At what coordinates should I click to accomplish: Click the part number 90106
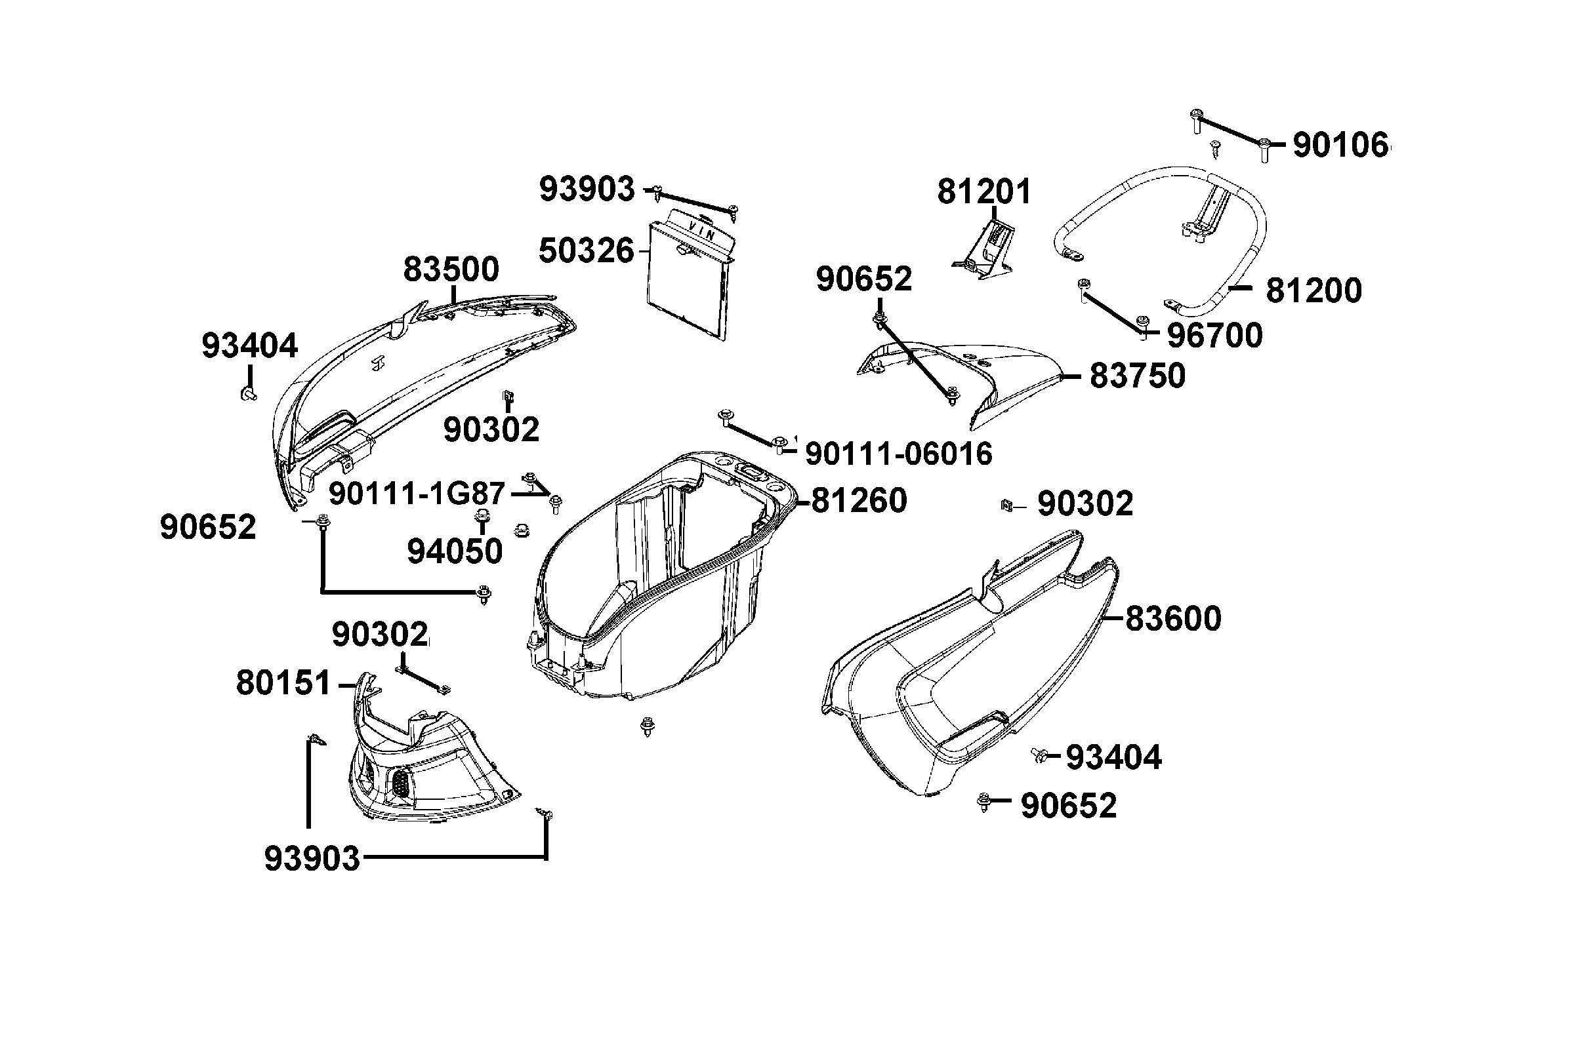[1340, 145]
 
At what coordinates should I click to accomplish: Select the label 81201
[983, 191]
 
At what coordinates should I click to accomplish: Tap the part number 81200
[1313, 291]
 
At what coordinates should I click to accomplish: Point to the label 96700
[1214, 335]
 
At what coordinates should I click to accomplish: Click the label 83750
[1137, 376]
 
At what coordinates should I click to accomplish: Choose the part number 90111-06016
[899, 454]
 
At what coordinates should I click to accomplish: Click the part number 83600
[1173, 618]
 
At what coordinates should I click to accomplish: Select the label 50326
[586, 251]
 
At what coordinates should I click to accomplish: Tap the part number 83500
[451, 269]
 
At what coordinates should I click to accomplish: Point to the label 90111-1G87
[417, 494]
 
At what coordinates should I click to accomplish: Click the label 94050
[454, 551]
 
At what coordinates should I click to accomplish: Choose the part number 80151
[283, 683]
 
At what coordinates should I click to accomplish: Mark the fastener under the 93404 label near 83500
[248, 395]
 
